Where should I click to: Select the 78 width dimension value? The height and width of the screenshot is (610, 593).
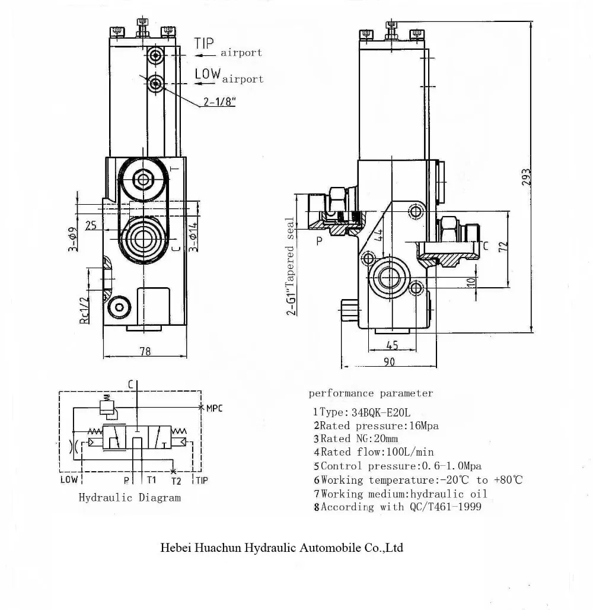pos(145,352)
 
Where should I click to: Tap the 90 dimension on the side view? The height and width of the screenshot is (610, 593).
pos(389,362)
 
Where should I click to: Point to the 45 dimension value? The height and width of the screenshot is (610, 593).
pos(391,345)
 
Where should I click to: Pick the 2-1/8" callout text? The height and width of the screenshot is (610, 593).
pos(219,101)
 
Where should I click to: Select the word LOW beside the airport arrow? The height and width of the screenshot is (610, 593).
pos(208,74)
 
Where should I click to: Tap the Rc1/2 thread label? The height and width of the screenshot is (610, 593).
pos(84,309)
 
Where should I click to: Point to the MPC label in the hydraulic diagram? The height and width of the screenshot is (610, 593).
pos(214,408)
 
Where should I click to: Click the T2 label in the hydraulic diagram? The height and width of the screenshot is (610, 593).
pos(176,480)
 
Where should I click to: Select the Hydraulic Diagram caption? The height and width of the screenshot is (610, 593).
pos(130,498)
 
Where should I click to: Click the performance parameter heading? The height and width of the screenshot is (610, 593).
pos(371,393)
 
